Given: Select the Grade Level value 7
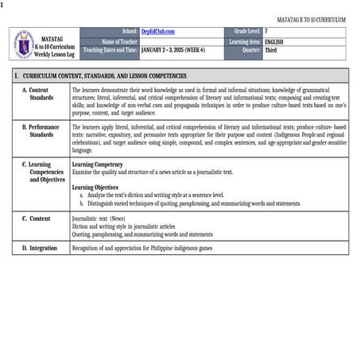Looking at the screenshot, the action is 266,31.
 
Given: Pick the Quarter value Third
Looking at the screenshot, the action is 271,49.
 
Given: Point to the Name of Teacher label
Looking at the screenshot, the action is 119,41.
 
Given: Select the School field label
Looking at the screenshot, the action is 130,31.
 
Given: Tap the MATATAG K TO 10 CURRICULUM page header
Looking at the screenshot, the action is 311,18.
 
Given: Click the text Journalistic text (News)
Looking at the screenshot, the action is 98,218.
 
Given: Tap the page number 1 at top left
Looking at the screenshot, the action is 2,4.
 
